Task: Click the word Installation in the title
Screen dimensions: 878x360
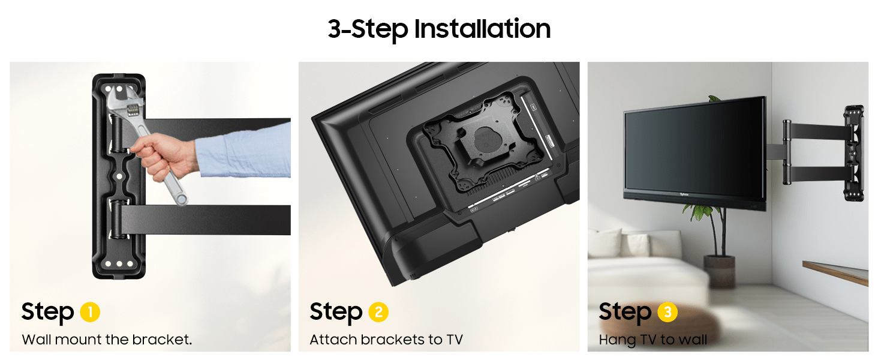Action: pyautogui.click(x=482, y=29)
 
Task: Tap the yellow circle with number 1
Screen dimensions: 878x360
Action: pyautogui.click(x=90, y=312)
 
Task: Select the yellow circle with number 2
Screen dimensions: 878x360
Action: pyautogui.click(x=378, y=312)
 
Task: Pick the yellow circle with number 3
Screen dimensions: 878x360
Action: pyautogui.click(x=667, y=312)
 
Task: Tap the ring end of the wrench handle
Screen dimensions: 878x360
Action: pyautogui.click(x=181, y=199)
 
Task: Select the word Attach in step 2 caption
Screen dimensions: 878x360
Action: pyautogui.click(x=333, y=339)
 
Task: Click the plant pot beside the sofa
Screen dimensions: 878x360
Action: pyautogui.click(x=719, y=272)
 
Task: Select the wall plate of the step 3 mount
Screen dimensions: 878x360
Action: pyautogui.click(x=855, y=153)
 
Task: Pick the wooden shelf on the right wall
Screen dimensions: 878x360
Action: pyautogui.click(x=835, y=272)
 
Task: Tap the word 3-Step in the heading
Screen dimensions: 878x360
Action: pyautogui.click(x=368, y=29)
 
